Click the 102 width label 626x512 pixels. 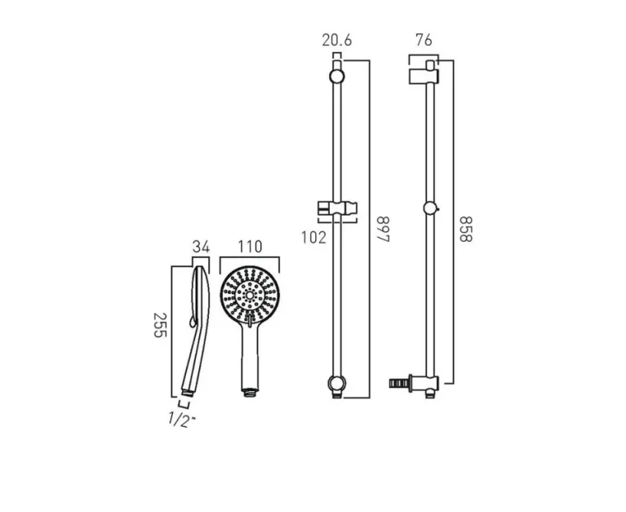[x=314, y=238]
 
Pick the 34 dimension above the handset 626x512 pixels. [x=202, y=247]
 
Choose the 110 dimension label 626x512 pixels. [x=250, y=247]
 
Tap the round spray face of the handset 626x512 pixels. [x=250, y=296]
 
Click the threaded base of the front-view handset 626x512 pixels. [x=250, y=390]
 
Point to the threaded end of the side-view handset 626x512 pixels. [x=186, y=395]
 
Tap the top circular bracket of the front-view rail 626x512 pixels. [x=337, y=77]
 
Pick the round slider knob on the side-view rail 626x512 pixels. [x=430, y=209]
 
